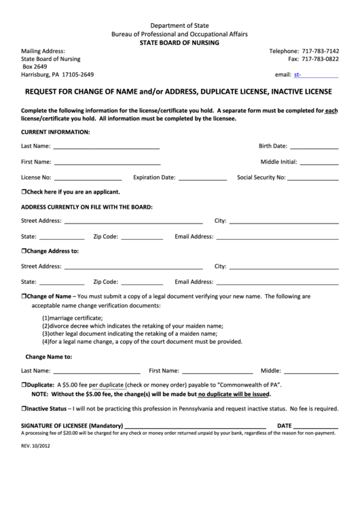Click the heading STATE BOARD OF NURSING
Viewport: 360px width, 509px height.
click(x=179, y=42)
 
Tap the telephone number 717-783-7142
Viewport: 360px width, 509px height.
click(x=319, y=51)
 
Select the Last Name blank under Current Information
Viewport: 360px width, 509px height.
click(x=106, y=147)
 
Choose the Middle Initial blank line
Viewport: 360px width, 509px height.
click(x=319, y=163)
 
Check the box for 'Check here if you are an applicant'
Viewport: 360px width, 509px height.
click(x=24, y=192)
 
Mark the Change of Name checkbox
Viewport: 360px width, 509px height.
click(x=24, y=296)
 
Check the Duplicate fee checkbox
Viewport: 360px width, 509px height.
click(x=24, y=385)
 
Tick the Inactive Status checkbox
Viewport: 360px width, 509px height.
click(x=24, y=409)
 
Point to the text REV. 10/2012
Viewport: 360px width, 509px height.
click(x=36, y=446)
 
